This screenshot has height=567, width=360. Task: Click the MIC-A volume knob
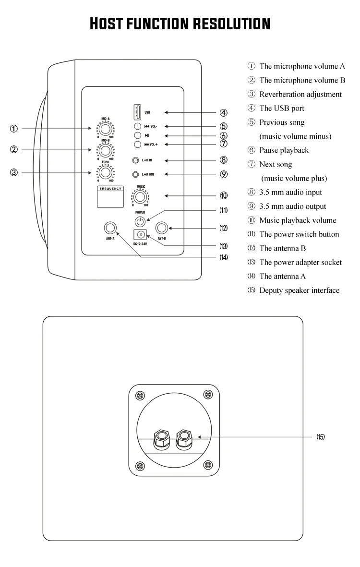click(x=105, y=129)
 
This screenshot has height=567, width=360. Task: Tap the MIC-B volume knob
click(x=105, y=151)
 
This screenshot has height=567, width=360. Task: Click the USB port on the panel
click(x=137, y=112)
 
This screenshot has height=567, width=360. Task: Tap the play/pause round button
click(x=137, y=135)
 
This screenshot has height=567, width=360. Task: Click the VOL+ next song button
click(x=137, y=144)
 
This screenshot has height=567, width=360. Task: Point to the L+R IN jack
click(x=136, y=160)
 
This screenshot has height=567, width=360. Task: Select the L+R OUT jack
click(x=136, y=174)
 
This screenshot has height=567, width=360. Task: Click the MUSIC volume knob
click(x=141, y=197)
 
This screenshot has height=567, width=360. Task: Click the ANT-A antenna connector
click(x=111, y=228)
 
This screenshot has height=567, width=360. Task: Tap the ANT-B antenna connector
click(x=161, y=228)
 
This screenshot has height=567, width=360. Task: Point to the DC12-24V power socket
click(x=140, y=235)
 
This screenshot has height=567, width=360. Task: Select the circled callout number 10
click(x=224, y=195)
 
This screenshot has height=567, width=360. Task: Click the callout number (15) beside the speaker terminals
click(x=321, y=437)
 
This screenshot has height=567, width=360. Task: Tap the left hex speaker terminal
click(x=161, y=437)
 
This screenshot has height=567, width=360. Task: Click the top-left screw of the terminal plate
click(x=140, y=396)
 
